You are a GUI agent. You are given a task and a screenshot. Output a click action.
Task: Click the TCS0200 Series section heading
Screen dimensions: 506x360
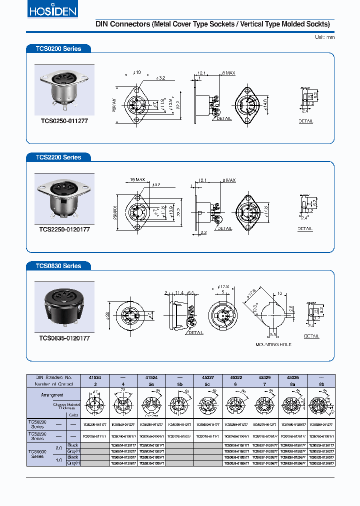(x=58, y=48)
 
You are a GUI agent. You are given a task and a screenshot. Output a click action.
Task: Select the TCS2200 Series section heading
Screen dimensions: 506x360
(x=58, y=157)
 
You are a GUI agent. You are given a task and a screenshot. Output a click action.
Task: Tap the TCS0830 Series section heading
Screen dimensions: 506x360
(x=58, y=266)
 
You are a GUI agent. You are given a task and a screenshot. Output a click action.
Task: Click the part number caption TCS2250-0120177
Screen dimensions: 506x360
(x=64, y=230)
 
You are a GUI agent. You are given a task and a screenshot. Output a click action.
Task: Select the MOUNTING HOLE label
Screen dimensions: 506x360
(x=273, y=344)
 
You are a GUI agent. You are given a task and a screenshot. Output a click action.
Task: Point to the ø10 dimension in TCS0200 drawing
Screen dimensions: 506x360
(x=136, y=73)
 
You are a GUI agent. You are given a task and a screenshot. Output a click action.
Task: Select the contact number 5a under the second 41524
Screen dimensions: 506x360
(x=151, y=384)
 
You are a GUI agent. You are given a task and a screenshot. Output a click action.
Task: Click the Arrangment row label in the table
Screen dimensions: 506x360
(x=52, y=394)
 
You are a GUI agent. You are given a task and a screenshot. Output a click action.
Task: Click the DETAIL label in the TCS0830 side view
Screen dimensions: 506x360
(x=196, y=332)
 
